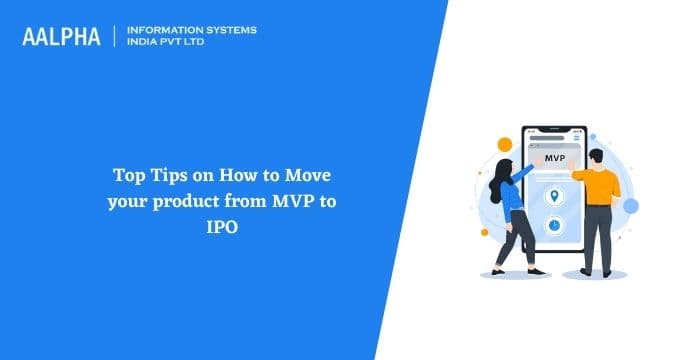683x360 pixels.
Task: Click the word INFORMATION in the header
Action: [x=165, y=30]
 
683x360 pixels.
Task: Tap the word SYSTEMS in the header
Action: [x=229, y=30]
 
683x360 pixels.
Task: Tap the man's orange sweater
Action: [x=600, y=184]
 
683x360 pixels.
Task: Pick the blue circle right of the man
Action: [x=630, y=206]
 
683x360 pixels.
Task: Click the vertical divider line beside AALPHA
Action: [x=116, y=36]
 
